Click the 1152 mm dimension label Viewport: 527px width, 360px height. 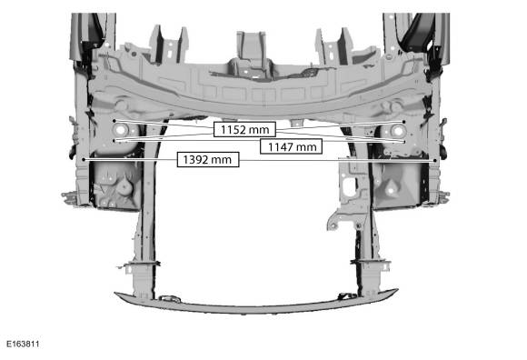point(244,129)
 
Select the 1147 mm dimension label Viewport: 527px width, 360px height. point(291,146)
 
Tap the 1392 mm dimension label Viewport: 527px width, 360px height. point(208,159)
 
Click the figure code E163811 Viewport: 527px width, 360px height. point(23,344)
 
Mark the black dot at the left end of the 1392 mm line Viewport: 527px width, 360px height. point(84,160)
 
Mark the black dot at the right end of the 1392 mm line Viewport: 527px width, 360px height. point(435,160)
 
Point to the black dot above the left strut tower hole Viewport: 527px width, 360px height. point(114,121)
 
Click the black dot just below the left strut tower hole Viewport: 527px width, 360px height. point(114,141)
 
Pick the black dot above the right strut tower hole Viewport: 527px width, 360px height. point(403,122)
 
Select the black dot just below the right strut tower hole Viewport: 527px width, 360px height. point(404,142)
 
